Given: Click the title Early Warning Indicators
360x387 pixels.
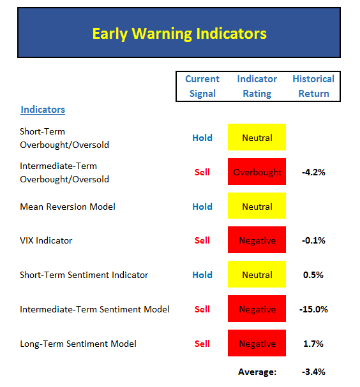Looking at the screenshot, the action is [x=179, y=34].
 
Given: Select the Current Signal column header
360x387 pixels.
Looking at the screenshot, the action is [x=202, y=86].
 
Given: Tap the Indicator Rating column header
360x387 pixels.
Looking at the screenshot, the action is [x=257, y=86].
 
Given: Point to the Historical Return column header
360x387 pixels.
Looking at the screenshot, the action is [x=313, y=86].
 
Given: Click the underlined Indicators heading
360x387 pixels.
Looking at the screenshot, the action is [x=43, y=110].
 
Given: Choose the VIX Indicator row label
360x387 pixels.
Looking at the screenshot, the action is [x=46, y=240].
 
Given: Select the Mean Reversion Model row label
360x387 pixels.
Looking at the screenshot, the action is [x=68, y=207].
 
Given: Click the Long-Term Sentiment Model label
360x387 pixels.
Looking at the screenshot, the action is [x=78, y=344].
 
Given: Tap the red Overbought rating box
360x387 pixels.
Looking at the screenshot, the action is [x=257, y=172].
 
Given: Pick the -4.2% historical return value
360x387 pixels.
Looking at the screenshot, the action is [x=313, y=172].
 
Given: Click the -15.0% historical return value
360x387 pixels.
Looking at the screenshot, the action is [x=313, y=309].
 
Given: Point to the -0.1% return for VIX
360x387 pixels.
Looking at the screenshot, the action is [x=313, y=240].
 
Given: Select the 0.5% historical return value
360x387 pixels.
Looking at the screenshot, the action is [x=313, y=275].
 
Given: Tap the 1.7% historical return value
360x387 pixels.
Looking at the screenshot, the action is [x=313, y=344].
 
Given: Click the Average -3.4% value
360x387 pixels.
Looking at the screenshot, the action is [x=313, y=372].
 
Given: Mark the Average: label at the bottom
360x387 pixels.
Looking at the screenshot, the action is [x=257, y=372].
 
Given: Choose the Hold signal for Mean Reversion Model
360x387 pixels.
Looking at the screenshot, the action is [x=202, y=207].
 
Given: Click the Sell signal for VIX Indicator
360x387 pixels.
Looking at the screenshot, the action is [x=202, y=240].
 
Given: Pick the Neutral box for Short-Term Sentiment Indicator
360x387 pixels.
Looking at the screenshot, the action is [x=257, y=274].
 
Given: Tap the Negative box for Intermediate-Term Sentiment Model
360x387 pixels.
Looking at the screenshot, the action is [x=257, y=309].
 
